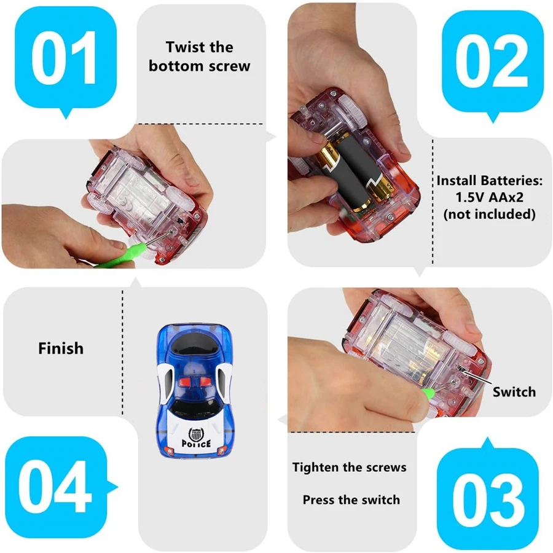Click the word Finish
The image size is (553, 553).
pos(60,348)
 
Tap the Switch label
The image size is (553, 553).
pos(514,392)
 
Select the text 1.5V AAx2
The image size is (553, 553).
pos(490,198)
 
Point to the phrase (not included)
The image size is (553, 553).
pos(490,214)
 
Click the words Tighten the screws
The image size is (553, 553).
pos(349,468)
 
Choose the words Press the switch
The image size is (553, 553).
pos(351,500)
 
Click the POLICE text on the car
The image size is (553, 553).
pos(197,443)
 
